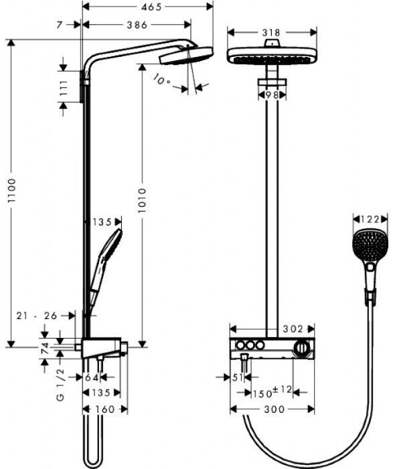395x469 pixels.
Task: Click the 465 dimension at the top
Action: point(151,7)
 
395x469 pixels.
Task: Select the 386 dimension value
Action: point(137,25)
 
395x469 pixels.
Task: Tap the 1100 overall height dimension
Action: point(11,191)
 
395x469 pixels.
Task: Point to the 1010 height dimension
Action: point(142,200)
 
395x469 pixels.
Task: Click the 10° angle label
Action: point(161,80)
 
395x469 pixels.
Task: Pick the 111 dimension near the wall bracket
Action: point(64,88)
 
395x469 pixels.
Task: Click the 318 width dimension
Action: point(271,32)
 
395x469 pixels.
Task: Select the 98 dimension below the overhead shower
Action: point(272,95)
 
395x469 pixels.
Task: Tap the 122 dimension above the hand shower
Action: point(370,219)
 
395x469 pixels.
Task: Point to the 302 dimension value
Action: point(293,329)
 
